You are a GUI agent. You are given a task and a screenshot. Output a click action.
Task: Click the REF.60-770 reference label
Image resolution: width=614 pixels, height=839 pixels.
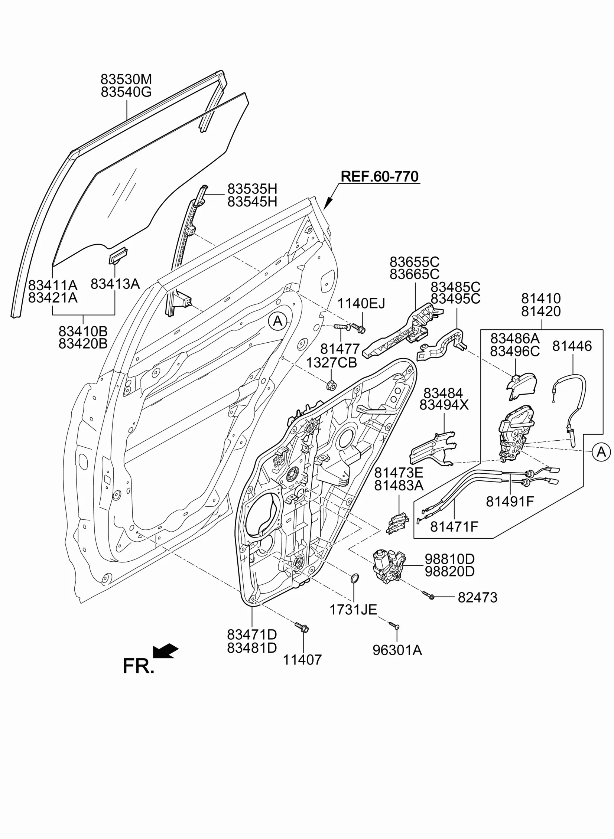[380, 176]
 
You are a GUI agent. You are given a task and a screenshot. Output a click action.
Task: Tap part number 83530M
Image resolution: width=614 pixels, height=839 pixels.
[126, 79]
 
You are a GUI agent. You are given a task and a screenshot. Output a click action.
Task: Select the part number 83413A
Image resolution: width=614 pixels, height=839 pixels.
[115, 284]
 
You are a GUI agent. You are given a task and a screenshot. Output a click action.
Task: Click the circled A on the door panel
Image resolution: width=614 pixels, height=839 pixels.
[278, 320]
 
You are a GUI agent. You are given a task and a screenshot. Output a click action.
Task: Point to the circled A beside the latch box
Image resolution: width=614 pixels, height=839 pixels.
[601, 452]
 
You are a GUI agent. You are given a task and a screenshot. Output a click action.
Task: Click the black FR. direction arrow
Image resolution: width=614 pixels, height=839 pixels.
[166, 651]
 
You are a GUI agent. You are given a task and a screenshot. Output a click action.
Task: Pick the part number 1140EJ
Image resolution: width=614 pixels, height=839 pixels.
[361, 303]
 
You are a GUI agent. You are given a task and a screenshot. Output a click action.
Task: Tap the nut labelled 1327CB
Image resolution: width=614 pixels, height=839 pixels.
[331, 385]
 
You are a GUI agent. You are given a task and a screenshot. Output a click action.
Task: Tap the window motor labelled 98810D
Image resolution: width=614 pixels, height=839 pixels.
[389, 569]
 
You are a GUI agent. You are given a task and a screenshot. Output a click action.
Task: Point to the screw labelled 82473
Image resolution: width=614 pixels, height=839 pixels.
[429, 596]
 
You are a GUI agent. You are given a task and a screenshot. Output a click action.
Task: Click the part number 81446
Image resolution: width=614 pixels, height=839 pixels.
[572, 346]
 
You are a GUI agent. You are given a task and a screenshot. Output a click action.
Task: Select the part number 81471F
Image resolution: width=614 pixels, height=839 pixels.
[454, 526]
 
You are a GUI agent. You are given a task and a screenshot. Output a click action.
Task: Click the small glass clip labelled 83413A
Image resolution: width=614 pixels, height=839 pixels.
[118, 255]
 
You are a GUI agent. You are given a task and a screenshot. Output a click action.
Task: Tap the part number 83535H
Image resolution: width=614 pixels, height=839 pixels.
[252, 189]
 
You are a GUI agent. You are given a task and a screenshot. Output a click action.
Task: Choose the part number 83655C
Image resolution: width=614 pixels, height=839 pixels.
[415, 262]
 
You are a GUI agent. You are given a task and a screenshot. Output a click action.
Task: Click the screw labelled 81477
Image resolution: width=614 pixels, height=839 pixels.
[341, 327]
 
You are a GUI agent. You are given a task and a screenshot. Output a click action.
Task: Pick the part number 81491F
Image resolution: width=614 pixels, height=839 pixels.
[510, 502]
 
